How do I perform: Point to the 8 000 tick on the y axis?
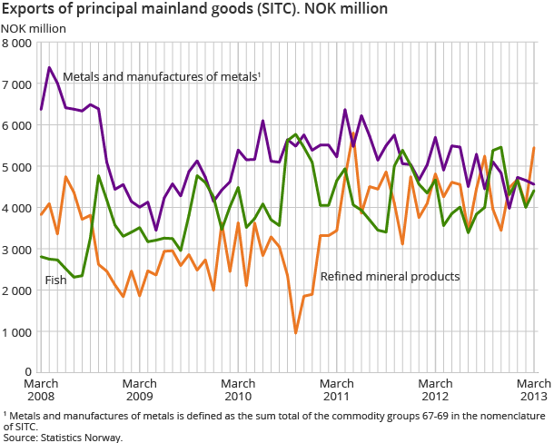(x=17, y=44)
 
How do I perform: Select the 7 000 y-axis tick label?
(x=17, y=84)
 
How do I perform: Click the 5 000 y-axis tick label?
(x=17, y=167)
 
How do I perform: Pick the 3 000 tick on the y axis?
(x=17, y=250)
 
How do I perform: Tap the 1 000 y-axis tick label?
(x=17, y=332)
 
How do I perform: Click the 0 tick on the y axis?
(x=28, y=373)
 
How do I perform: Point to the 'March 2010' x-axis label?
(x=238, y=390)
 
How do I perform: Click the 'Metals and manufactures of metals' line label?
(x=161, y=77)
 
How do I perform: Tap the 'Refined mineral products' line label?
(x=391, y=276)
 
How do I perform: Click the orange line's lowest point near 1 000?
(x=296, y=332)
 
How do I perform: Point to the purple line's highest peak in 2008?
(x=49, y=67)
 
